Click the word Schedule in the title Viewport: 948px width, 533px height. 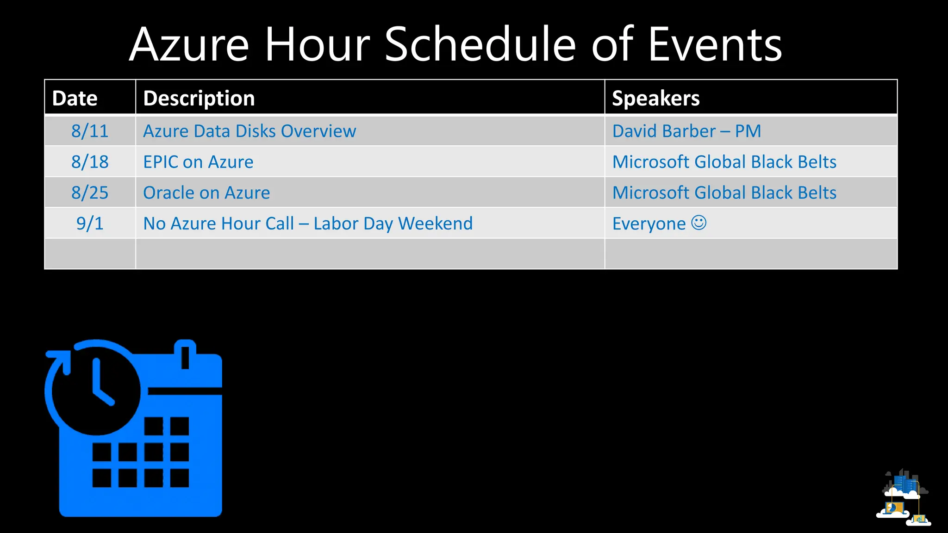pyautogui.click(x=480, y=44)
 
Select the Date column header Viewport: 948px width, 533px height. pyautogui.click(x=75, y=98)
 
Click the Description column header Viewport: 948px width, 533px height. pyautogui.click(x=199, y=98)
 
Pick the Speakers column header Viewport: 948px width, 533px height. pyautogui.click(x=655, y=98)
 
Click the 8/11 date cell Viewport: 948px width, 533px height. pyautogui.click(x=90, y=131)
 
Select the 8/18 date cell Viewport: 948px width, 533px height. pyautogui.click(x=90, y=162)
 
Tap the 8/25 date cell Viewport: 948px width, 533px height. pyautogui.click(x=90, y=192)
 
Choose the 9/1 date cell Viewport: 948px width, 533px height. pyautogui.click(x=90, y=223)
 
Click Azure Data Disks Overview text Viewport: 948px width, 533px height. pyautogui.click(x=249, y=131)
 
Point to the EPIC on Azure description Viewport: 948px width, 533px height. pyautogui.click(x=198, y=162)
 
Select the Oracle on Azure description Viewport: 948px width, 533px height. pyautogui.click(x=206, y=192)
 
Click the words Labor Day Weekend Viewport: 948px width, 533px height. pyautogui.click(x=393, y=223)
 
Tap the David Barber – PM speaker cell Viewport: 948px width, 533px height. pyautogui.click(x=686, y=131)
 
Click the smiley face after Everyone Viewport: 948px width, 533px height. pyautogui.click(x=699, y=223)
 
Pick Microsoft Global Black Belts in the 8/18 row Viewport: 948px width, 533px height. pyautogui.click(x=724, y=162)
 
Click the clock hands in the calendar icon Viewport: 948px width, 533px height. pyautogui.click(x=100, y=384)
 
